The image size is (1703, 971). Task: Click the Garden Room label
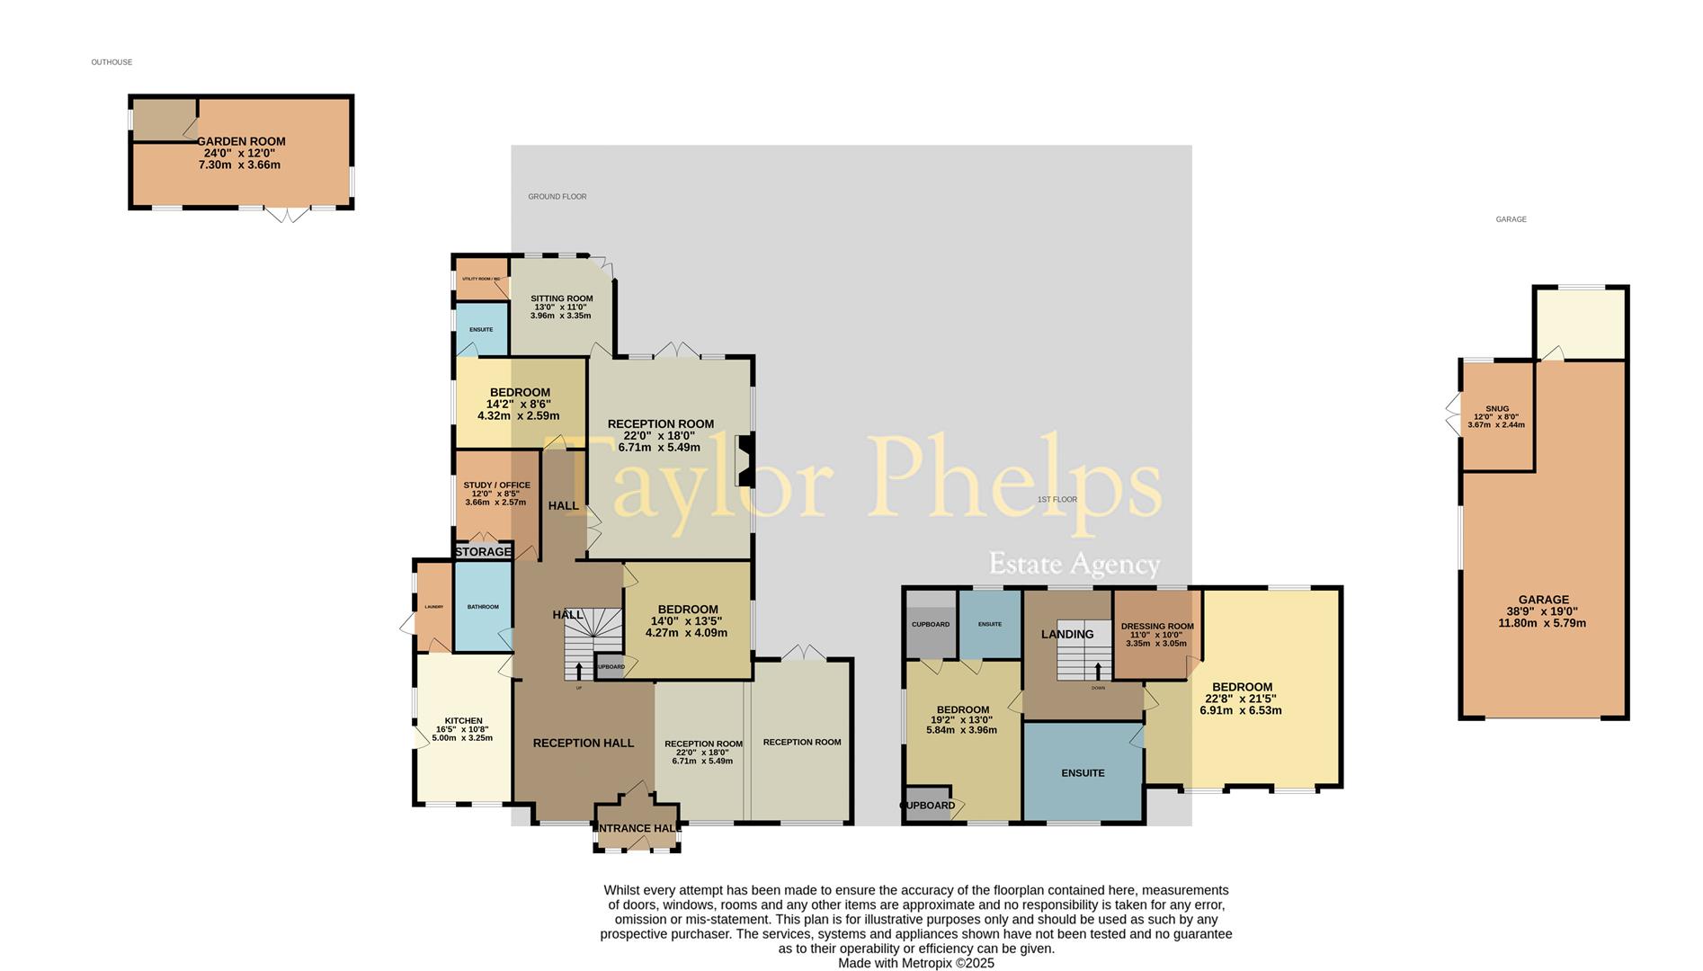[x=241, y=141]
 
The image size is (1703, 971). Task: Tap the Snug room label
[x=1497, y=409]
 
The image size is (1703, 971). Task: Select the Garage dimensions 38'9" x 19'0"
[x=1543, y=611]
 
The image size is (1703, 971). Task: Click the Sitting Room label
[x=561, y=298]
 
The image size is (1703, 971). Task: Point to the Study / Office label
[x=496, y=485]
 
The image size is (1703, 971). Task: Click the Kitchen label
[x=463, y=720]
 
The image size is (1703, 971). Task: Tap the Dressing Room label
[x=1157, y=627]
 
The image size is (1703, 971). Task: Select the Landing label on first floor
[x=1067, y=634]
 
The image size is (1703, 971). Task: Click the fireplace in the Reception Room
[x=743, y=460]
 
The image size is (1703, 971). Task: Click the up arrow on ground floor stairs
[x=578, y=670]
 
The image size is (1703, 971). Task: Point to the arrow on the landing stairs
[x=1098, y=670]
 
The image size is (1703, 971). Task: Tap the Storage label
[x=483, y=551]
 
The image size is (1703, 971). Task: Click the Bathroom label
[x=483, y=607]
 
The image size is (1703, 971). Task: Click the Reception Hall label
[x=583, y=743]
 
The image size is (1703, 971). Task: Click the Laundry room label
[x=434, y=607]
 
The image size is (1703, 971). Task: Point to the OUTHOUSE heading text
[x=111, y=62]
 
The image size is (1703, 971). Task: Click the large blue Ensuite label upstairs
[x=1083, y=773]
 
